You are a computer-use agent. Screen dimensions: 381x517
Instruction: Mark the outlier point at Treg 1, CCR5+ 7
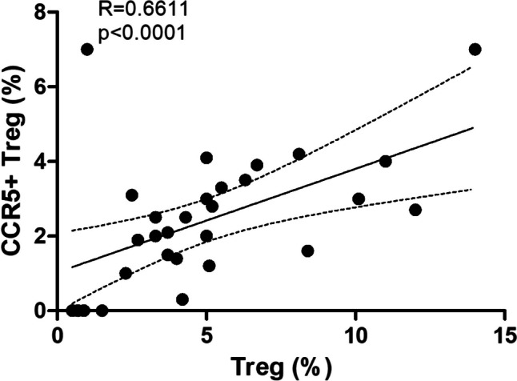click(x=87, y=49)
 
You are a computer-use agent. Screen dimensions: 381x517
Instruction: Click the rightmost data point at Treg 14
click(x=475, y=49)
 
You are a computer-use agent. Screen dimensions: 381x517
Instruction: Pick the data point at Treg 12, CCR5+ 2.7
click(x=415, y=210)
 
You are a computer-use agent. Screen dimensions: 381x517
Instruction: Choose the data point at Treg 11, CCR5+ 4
click(x=385, y=161)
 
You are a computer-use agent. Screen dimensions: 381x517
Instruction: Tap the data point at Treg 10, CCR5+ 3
click(x=359, y=199)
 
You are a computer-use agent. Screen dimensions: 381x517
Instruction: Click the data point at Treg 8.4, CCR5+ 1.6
click(x=307, y=251)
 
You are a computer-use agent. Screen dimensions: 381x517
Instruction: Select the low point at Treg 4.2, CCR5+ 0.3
click(x=182, y=299)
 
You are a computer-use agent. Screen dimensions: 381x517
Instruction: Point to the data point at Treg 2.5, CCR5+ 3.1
click(x=132, y=195)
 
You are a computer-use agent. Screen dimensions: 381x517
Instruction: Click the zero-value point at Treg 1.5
click(x=102, y=311)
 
